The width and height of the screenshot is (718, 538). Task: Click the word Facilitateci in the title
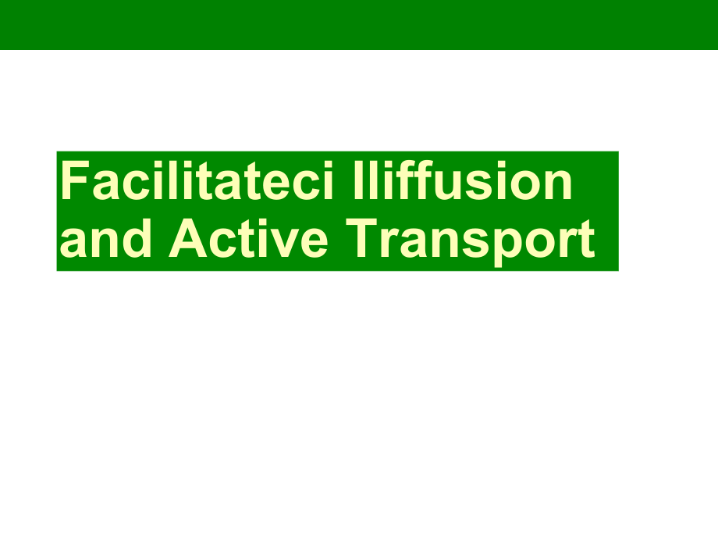197,180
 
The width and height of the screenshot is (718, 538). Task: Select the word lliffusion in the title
463,180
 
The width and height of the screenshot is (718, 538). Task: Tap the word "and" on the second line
105,238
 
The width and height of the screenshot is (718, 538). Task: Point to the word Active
249,238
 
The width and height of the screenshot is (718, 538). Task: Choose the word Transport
471,241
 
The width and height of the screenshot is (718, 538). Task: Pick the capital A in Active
188,238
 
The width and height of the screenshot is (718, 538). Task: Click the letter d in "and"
137,238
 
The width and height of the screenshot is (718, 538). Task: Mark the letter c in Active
224,244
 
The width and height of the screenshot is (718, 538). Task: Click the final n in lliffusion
559,185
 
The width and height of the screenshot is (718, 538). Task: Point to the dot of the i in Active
257,222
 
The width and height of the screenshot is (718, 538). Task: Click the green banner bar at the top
359,25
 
